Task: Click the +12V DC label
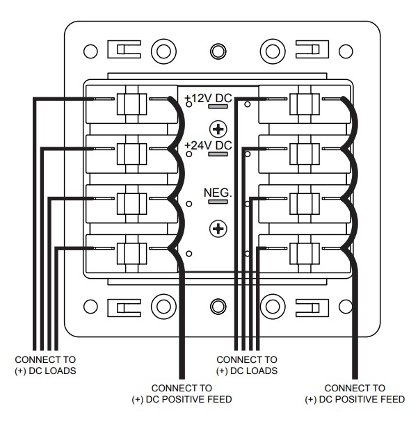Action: (x=209, y=99)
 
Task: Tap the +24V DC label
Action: (x=209, y=145)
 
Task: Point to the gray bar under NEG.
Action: (x=218, y=202)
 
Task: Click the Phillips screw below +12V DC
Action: (x=219, y=129)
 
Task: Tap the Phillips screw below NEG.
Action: (x=219, y=227)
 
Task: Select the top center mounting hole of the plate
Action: (x=218, y=51)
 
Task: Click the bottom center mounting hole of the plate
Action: (x=218, y=305)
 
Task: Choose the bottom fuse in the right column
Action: (x=304, y=251)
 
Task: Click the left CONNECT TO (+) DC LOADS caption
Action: (x=45, y=365)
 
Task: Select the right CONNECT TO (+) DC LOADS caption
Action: (x=247, y=365)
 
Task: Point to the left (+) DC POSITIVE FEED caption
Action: (x=182, y=393)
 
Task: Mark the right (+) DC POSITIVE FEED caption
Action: (x=355, y=393)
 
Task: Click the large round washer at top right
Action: (x=272, y=51)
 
